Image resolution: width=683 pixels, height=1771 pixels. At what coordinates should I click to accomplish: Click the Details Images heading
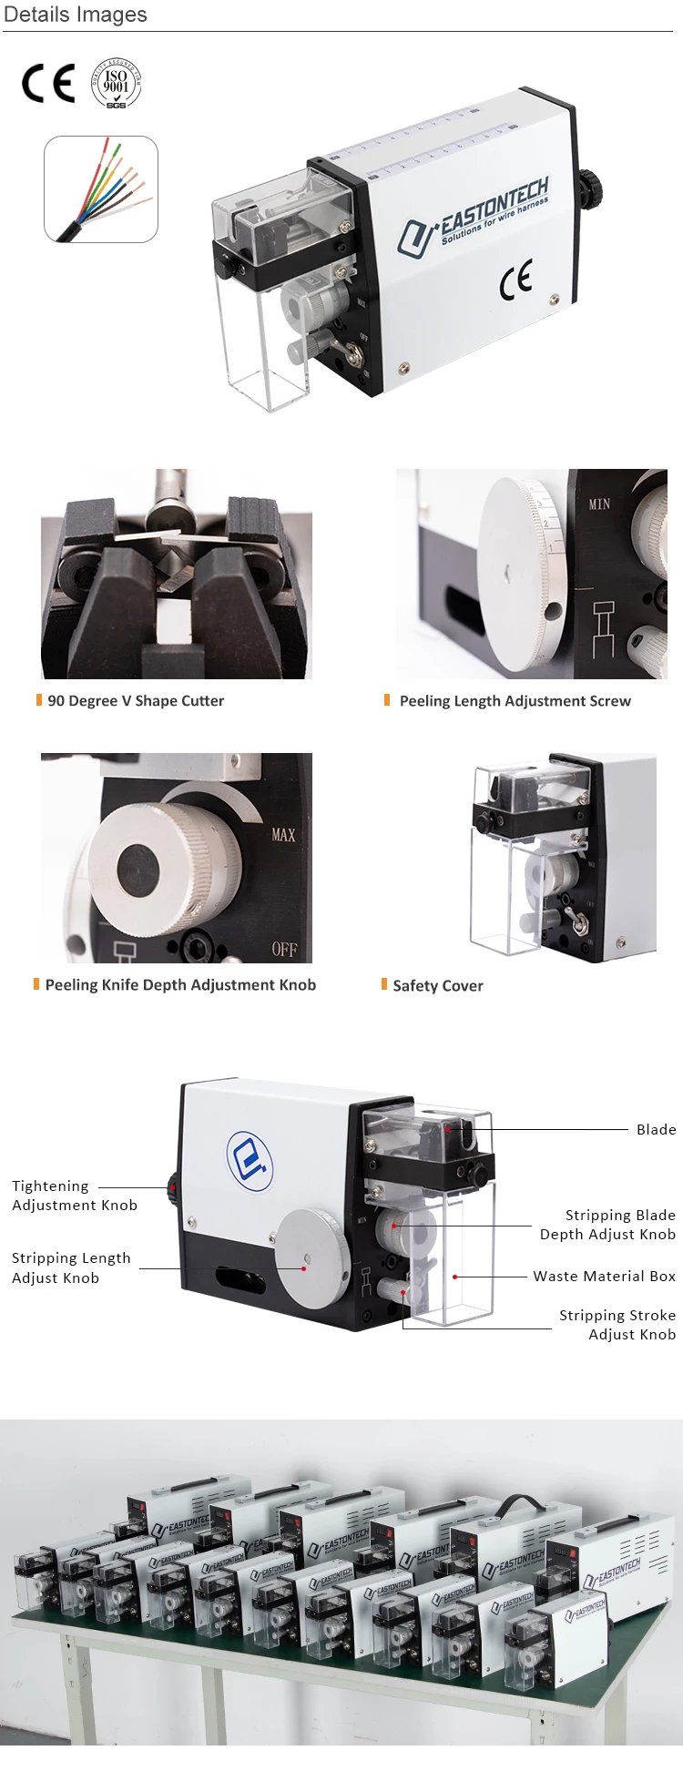[x=76, y=15]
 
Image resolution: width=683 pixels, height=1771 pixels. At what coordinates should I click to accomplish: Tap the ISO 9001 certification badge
[x=117, y=84]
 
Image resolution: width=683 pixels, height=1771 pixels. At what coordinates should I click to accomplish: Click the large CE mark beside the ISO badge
[x=48, y=84]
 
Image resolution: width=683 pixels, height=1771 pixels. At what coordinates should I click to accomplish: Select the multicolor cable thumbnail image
[x=101, y=189]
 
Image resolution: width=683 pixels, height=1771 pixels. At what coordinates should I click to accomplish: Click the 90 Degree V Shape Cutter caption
[x=136, y=700]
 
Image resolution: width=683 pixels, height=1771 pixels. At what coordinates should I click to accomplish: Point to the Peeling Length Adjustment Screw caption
[x=515, y=700]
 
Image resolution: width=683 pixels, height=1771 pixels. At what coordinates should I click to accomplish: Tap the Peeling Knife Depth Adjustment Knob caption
[x=180, y=984]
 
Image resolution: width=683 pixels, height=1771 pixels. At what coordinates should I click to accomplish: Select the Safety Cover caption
[x=438, y=985]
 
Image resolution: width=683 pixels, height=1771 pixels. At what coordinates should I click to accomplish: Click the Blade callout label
[x=656, y=1129]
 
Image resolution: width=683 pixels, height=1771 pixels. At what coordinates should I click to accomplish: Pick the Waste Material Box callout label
[x=605, y=1276]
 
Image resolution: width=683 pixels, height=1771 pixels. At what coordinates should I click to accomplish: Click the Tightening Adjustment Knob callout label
[x=75, y=1196]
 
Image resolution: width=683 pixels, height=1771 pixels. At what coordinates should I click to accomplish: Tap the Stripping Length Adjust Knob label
[x=71, y=1267]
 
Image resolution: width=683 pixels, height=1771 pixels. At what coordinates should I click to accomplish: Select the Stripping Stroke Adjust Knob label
[x=617, y=1325]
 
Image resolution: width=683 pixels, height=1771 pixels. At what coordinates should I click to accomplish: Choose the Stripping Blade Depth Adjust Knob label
[x=608, y=1225]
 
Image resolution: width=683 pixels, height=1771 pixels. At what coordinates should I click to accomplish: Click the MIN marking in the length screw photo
[x=599, y=504]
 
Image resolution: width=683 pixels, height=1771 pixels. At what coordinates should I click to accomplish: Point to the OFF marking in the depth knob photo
[x=284, y=950]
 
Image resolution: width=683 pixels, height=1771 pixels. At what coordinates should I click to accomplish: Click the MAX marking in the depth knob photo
[x=283, y=834]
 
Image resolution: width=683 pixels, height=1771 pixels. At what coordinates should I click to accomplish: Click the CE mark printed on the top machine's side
[x=515, y=280]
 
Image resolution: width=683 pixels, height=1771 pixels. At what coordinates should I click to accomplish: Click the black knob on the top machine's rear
[x=588, y=189]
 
